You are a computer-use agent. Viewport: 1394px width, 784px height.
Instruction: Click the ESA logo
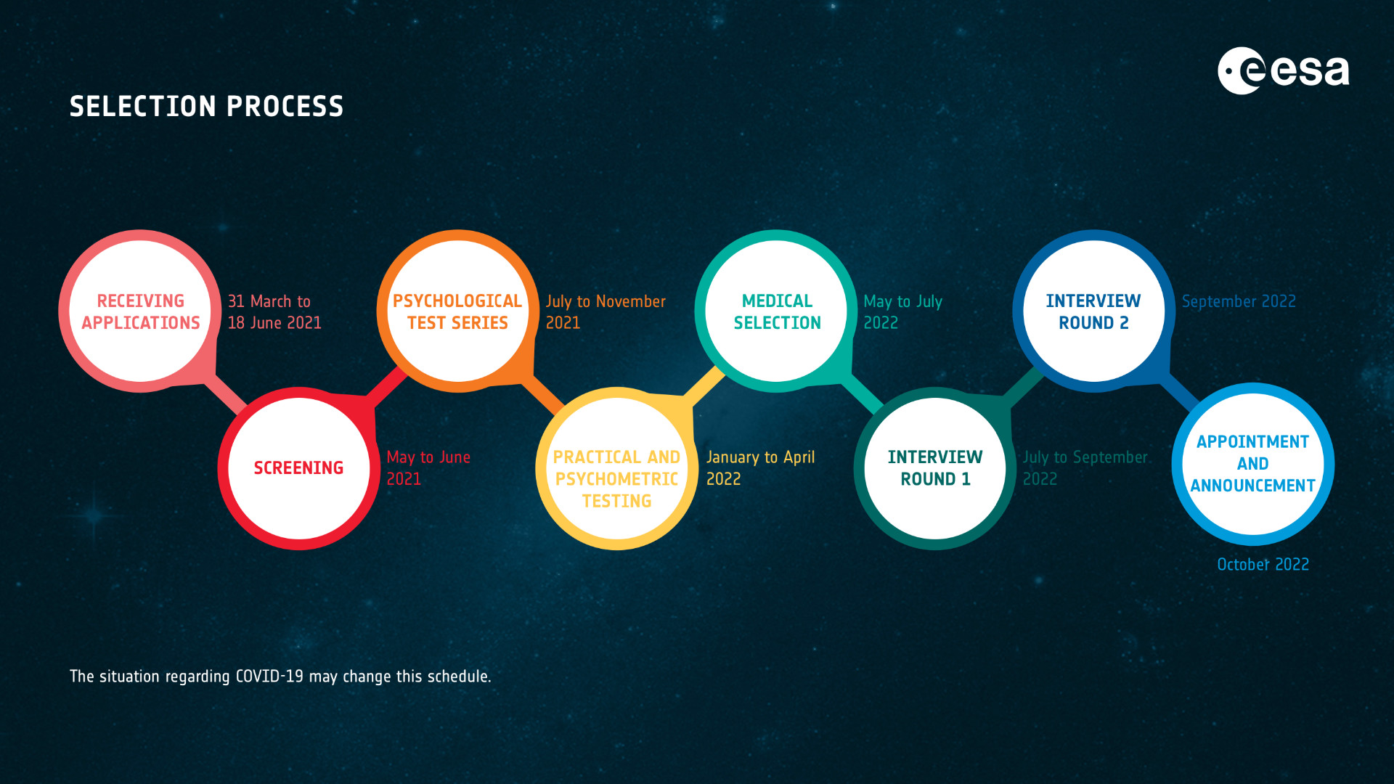coord(1283,70)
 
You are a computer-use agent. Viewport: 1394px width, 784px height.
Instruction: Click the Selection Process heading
coord(207,107)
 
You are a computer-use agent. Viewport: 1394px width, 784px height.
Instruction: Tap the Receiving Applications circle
coord(140,311)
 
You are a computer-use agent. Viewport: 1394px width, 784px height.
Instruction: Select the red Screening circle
coord(298,468)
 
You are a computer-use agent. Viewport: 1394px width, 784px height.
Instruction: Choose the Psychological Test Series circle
coord(457,311)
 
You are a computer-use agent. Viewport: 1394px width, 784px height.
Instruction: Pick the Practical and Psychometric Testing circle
coord(616,468)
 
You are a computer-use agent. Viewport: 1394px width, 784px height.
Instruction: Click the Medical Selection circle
coord(776,311)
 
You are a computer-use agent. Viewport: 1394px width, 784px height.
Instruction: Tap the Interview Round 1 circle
coord(935,468)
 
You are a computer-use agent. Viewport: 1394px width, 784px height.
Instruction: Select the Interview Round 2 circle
coord(1094,311)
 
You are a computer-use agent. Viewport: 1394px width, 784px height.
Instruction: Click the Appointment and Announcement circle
coord(1253,464)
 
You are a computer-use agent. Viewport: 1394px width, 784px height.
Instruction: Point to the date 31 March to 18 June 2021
coord(274,312)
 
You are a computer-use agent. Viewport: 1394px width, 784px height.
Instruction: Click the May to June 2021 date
coord(428,468)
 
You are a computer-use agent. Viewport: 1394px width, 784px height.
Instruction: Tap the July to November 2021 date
coord(606,312)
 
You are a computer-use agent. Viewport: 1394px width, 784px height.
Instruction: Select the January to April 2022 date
coord(760,468)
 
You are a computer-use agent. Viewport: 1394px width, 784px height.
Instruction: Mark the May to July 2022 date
coord(902,312)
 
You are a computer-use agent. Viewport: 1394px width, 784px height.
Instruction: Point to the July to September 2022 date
coord(1085,468)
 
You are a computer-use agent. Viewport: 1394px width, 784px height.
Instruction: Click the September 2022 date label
coord(1239,301)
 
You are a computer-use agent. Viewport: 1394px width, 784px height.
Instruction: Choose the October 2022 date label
coord(1263,565)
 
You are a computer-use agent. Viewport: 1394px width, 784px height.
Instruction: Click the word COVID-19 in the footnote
coord(269,677)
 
